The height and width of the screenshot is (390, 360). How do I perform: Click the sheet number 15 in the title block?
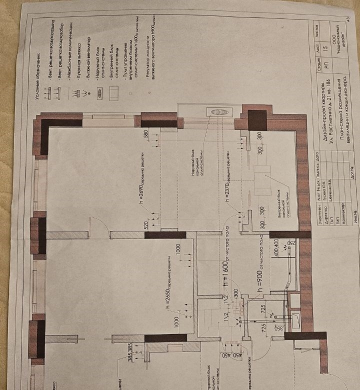point(326,48)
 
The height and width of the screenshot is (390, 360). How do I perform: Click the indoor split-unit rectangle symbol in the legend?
point(114,93)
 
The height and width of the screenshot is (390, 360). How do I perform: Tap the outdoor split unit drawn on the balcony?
point(219,112)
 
